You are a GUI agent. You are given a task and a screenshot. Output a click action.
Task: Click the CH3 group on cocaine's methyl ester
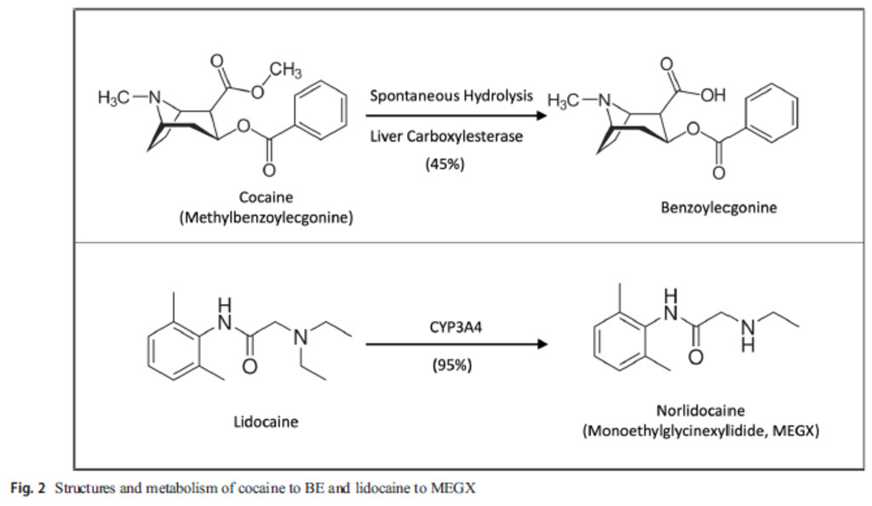pos(285,69)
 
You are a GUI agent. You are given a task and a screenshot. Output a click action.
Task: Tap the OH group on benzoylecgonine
pos(713,95)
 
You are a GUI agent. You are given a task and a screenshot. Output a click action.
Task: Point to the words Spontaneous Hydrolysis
pos(450,95)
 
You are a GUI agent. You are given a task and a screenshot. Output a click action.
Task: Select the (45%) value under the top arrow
pos(445,164)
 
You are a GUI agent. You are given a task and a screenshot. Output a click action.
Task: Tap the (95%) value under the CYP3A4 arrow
pos(451,365)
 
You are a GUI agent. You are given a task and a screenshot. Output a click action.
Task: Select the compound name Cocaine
pos(266,197)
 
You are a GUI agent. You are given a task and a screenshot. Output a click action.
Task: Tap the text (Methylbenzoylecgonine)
pos(266,217)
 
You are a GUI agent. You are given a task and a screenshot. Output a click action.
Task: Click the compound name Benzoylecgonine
pos(719,207)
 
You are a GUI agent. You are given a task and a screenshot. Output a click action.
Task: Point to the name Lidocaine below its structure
pos(266,421)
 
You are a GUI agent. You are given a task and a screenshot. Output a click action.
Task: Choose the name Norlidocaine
pos(700,411)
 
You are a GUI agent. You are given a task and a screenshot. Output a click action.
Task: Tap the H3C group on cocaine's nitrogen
pos(114,98)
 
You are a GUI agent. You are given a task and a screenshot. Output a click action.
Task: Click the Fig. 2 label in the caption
pos(27,489)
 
